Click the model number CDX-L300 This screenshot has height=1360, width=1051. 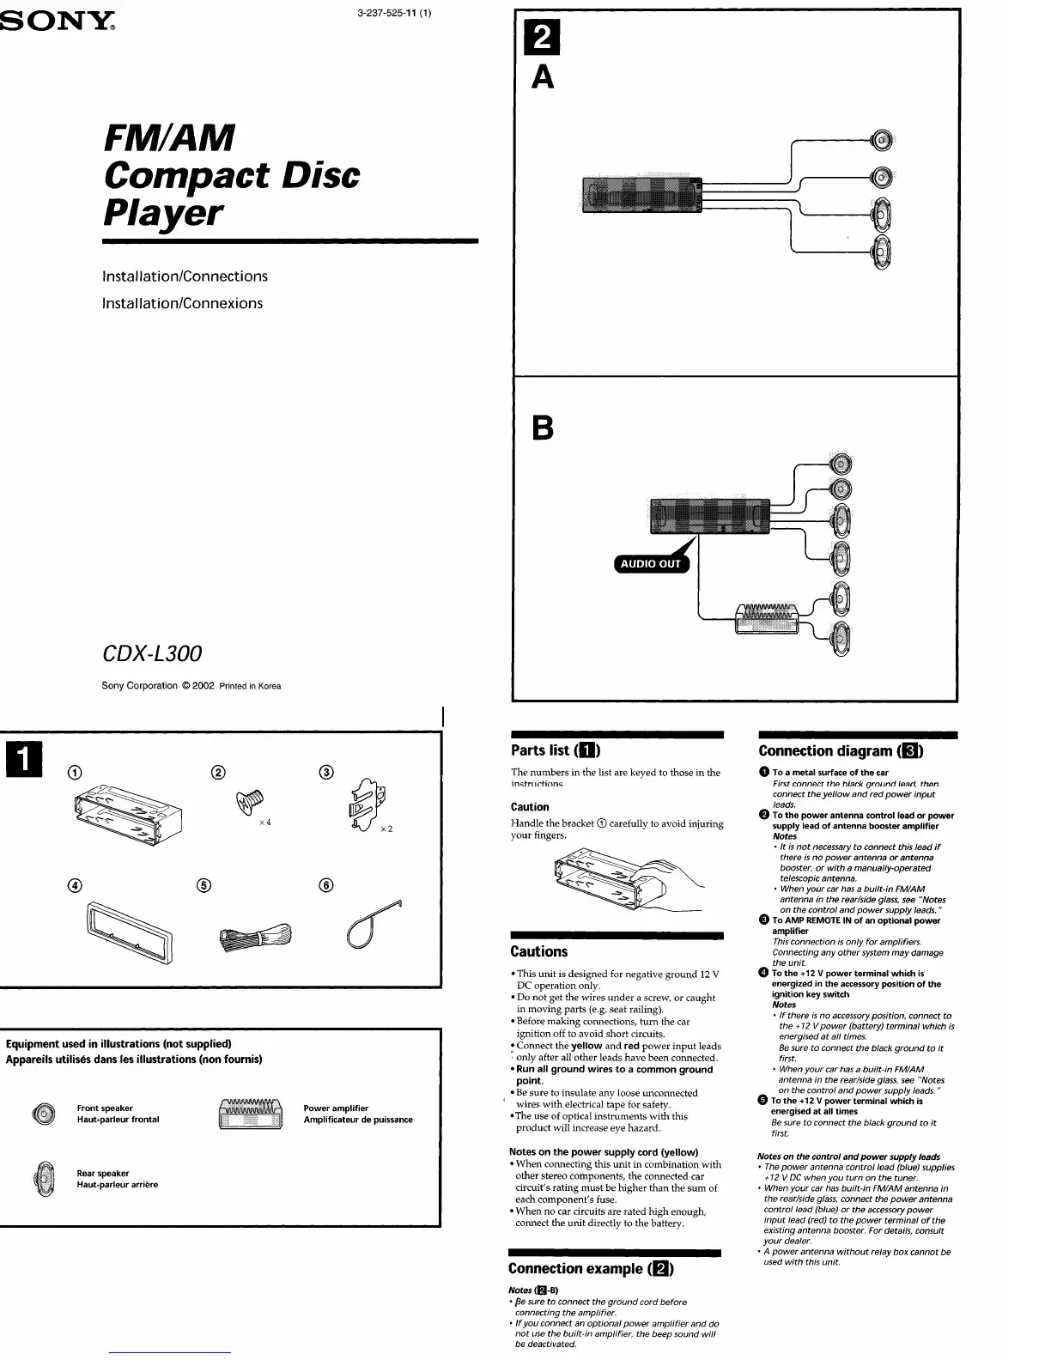click(152, 654)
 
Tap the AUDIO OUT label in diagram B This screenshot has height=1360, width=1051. click(652, 564)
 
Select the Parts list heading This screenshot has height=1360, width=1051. click(556, 750)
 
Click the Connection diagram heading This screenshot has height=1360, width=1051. click(841, 751)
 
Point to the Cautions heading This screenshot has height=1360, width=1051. click(538, 951)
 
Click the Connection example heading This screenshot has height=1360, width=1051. click(591, 1268)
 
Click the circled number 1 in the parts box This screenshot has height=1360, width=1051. click(75, 771)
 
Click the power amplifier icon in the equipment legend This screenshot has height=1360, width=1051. click(252, 1114)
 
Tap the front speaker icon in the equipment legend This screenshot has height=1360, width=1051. click(43, 1114)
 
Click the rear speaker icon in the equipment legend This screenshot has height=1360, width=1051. click(43, 1179)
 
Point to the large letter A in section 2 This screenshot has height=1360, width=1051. click(543, 79)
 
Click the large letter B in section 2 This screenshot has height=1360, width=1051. click(543, 428)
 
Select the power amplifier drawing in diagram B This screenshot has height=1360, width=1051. click(767, 618)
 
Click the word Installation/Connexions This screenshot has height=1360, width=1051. click(182, 303)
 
